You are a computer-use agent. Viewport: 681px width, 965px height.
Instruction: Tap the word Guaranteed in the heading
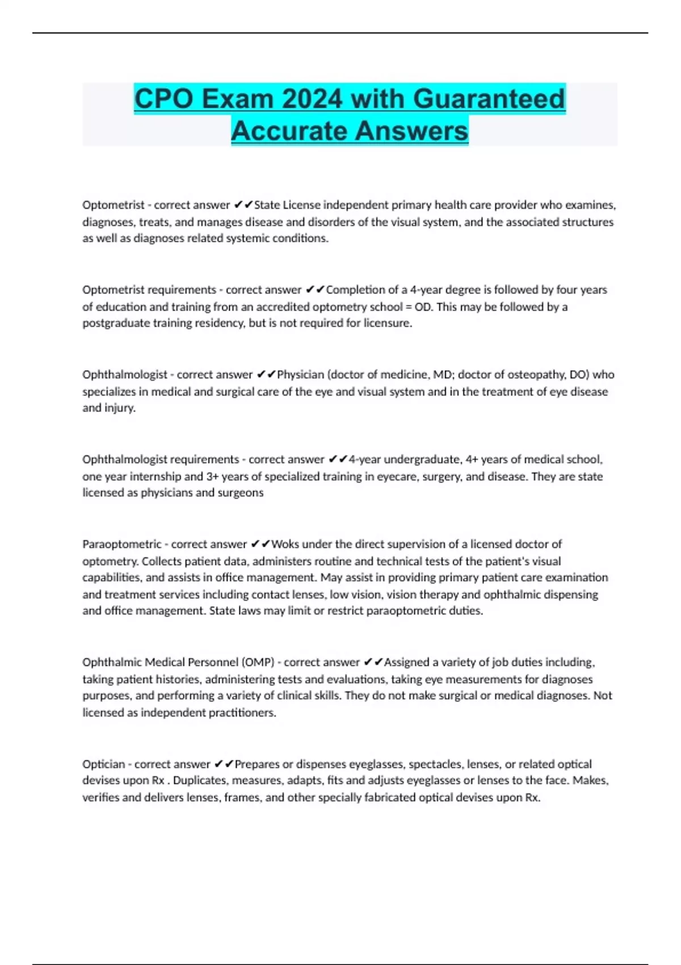[489, 99]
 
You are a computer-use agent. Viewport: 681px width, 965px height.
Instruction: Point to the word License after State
[301, 205]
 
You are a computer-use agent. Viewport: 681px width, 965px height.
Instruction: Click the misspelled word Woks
[285, 544]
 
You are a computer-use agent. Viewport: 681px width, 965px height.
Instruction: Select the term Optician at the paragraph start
[103, 764]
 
